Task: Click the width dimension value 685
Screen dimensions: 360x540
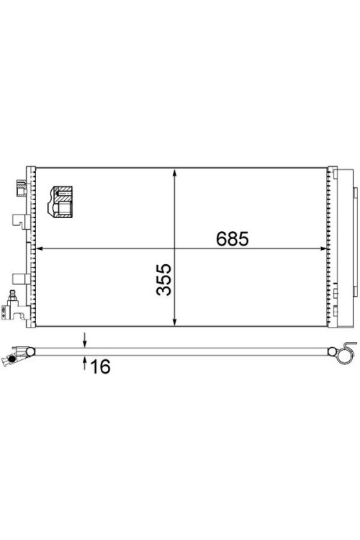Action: pyautogui.click(x=232, y=238)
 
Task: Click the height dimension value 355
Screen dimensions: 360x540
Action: pyautogui.click(x=164, y=279)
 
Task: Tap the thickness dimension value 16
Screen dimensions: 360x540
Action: pyautogui.click(x=100, y=366)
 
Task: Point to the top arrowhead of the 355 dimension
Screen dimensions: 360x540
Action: pyautogui.click(x=175, y=174)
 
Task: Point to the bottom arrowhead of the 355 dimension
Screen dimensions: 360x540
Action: pyautogui.click(x=175, y=321)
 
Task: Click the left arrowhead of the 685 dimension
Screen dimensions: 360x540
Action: pyautogui.click(x=40, y=248)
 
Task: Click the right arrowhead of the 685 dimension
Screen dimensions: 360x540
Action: pyautogui.click(x=322, y=248)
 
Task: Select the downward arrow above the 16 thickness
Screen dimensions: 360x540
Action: pyautogui.click(x=84, y=340)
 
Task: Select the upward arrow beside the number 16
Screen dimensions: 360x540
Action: pyautogui.click(x=84, y=363)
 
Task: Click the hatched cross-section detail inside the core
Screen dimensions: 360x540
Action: pyautogui.click(x=60, y=202)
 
